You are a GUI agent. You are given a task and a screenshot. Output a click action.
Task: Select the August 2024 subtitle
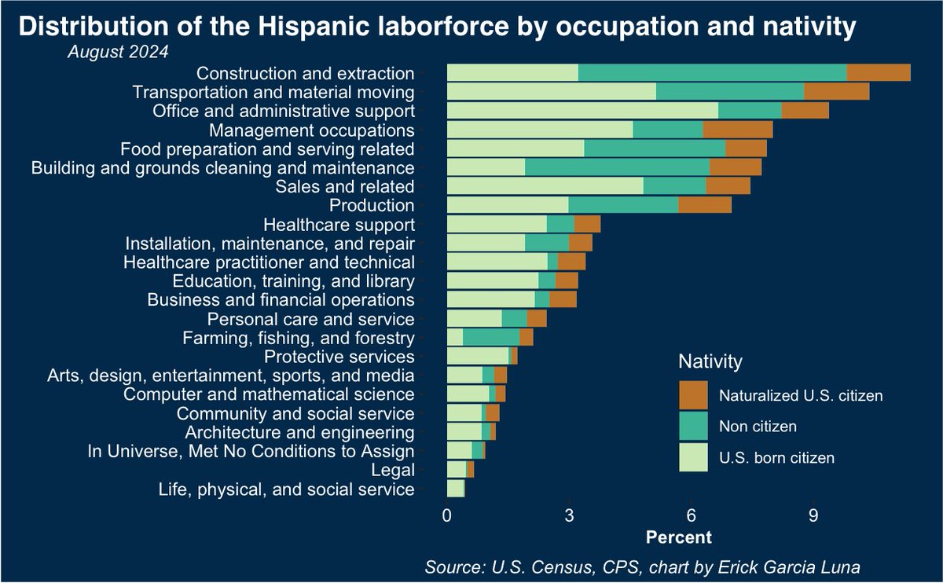pos(118,53)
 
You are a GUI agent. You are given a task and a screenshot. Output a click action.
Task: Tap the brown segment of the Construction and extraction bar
pos(879,73)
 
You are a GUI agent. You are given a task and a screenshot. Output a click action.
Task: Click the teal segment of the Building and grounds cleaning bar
pos(617,167)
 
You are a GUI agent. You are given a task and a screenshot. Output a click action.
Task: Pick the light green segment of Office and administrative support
pos(582,111)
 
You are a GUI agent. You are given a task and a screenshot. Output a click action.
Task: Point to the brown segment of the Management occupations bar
pos(738,130)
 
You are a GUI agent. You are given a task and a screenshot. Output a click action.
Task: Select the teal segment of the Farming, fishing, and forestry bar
pos(491,338)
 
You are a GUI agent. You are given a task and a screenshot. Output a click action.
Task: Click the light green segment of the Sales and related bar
pos(545,186)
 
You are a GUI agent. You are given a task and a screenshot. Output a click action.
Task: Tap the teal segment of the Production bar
pos(623,205)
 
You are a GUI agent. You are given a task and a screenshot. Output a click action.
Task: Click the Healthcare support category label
pos(339,225)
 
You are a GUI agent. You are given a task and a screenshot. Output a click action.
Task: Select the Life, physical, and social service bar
pos(456,489)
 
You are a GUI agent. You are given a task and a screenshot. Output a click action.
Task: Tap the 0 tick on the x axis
pos(447,516)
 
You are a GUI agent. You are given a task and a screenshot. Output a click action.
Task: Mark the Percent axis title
pos(677,538)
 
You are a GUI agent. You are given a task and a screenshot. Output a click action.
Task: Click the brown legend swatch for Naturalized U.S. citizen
pos(693,395)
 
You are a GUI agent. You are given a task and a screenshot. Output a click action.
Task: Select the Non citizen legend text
pos(758,427)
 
